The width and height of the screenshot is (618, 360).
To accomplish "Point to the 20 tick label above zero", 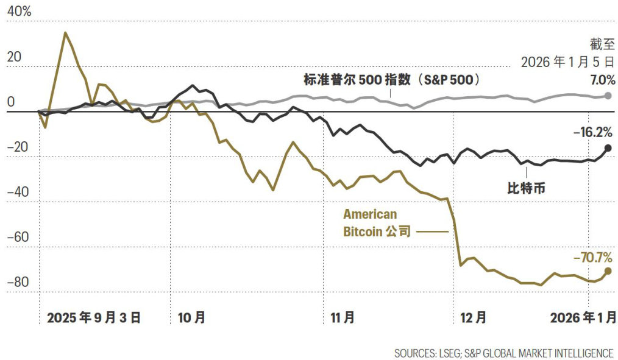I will (x=14, y=57).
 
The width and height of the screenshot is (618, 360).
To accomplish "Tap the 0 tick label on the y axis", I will (x=11, y=102).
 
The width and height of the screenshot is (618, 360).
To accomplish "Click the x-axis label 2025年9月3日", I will (x=94, y=317).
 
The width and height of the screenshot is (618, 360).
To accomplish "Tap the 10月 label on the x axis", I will (x=191, y=317).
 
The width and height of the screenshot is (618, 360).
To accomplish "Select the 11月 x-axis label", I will (x=342, y=317).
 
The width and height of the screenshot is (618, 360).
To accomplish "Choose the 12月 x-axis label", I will (x=473, y=317).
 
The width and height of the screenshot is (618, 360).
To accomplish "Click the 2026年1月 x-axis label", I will (x=583, y=317).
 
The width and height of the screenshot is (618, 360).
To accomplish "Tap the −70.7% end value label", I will (x=592, y=258).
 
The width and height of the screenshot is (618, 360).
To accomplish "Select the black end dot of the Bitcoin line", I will (x=608, y=148).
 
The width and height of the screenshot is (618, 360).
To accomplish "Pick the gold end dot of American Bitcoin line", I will (x=608, y=271).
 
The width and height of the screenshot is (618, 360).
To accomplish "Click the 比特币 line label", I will (x=526, y=188).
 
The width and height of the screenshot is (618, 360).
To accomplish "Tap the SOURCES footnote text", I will (x=503, y=353).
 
